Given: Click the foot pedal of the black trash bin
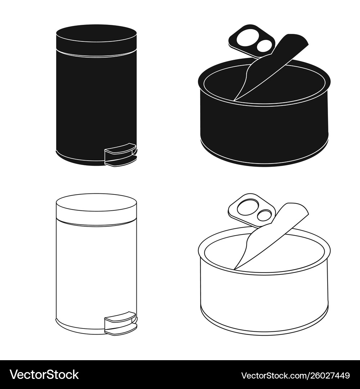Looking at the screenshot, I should (121, 149).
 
